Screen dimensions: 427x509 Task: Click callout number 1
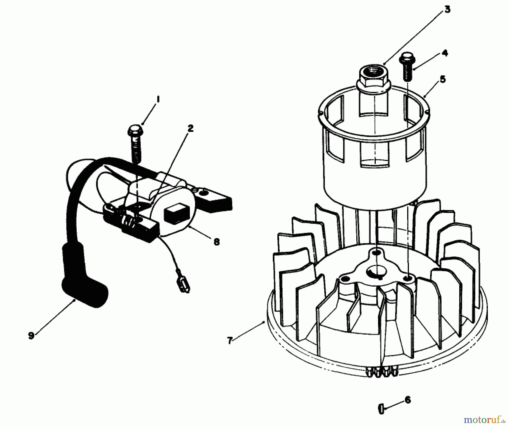click(158, 99)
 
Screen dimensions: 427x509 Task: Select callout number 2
click(191, 129)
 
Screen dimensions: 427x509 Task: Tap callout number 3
click(447, 10)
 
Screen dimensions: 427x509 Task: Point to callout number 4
click(445, 53)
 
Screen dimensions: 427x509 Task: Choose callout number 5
click(443, 79)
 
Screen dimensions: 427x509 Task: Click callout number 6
click(407, 400)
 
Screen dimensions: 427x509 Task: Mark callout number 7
click(230, 341)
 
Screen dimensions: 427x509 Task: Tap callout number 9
click(31, 336)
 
